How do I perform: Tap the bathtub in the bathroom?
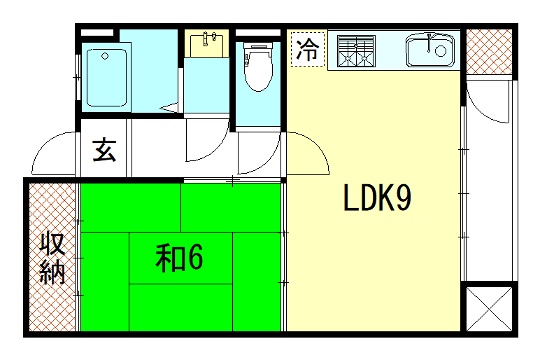click(105, 77)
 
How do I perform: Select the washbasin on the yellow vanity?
click(209, 44)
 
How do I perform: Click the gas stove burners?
click(354, 50)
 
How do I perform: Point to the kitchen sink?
click(431, 48)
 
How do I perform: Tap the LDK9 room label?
click(377, 201)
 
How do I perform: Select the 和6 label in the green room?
click(179, 258)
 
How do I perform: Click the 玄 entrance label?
click(103, 151)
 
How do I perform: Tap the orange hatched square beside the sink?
click(490, 52)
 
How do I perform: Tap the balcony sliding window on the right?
click(466, 180)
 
